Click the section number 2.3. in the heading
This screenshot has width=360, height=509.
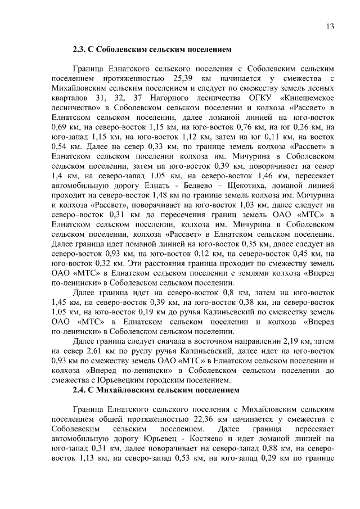(x=81, y=49)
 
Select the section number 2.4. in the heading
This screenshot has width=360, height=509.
(x=81, y=390)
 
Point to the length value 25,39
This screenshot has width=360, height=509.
(x=182, y=77)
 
